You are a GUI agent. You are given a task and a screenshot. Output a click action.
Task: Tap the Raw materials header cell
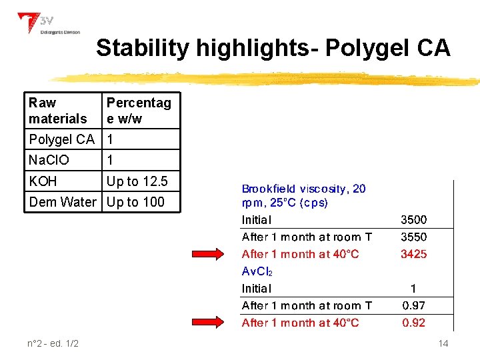[58, 111]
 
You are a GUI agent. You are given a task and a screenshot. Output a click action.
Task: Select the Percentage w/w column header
[139, 111]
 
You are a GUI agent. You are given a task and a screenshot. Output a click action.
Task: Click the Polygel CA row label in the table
[61, 139]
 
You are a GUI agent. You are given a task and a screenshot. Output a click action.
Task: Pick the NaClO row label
[49, 160]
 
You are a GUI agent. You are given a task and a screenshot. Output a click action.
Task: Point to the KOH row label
[43, 181]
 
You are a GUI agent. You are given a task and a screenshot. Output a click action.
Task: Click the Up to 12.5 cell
[137, 181]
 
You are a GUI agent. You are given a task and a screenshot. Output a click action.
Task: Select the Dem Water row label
[63, 202]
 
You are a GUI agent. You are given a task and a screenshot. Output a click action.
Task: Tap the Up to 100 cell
[135, 202]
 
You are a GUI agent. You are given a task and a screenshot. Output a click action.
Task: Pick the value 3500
[413, 220]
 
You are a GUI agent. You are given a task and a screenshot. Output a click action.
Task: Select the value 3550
[413, 237]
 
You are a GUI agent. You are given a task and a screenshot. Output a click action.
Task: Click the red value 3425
[413, 254]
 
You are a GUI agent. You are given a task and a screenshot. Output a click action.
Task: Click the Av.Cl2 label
[257, 272]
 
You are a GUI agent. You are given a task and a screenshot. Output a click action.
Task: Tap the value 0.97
[413, 306]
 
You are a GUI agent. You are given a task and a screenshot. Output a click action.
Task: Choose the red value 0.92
[413, 323]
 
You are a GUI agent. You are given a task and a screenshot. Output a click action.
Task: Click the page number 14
[443, 343]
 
